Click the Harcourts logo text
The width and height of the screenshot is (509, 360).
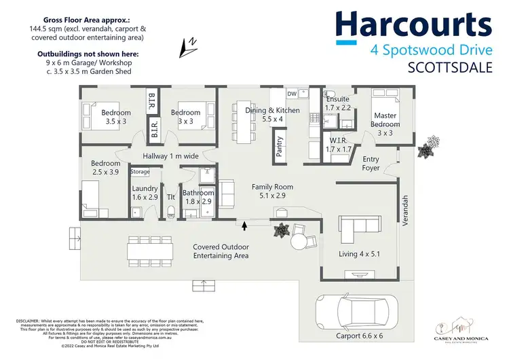click(x=413, y=26)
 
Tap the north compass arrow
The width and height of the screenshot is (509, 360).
click(x=187, y=46)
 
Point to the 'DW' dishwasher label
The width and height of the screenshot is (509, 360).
click(x=292, y=94)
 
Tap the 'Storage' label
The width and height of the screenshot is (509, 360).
click(x=140, y=172)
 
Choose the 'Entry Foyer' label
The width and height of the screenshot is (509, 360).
click(x=371, y=164)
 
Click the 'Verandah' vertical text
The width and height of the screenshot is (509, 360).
click(x=406, y=211)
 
